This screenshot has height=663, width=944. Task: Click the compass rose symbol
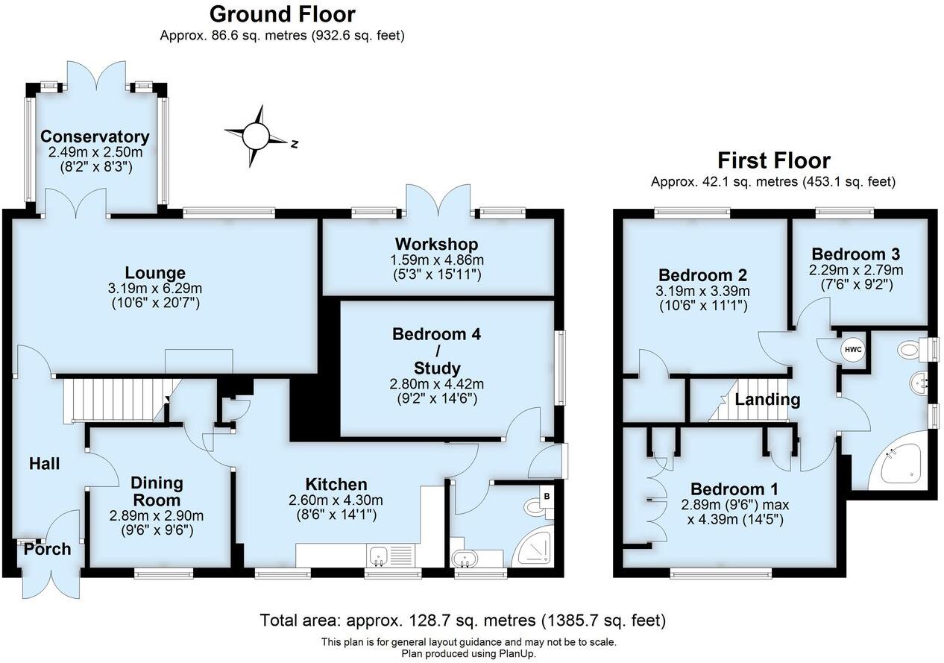point(256,136)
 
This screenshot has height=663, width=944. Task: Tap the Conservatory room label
point(95,137)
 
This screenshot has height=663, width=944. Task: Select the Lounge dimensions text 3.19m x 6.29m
point(155,288)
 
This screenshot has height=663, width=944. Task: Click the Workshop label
point(436,244)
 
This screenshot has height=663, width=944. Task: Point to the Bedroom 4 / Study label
point(436,351)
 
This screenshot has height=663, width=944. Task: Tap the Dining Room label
point(157,491)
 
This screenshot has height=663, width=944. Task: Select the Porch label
point(47,550)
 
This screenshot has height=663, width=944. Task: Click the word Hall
point(44,464)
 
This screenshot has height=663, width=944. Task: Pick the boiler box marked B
point(549,494)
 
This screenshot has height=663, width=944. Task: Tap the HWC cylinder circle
point(852,349)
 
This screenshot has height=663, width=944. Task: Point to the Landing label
point(767,400)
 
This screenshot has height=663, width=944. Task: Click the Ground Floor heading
point(282,14)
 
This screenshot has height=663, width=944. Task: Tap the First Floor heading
point(773,160)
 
